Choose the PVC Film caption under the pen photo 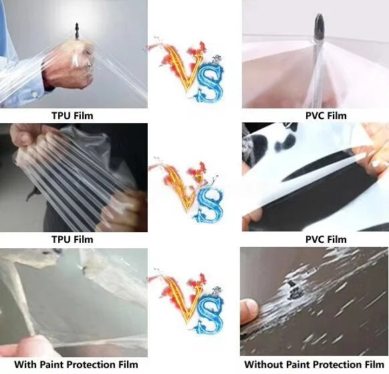315,116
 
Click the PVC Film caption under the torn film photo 315,240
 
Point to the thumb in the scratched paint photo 249,310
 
